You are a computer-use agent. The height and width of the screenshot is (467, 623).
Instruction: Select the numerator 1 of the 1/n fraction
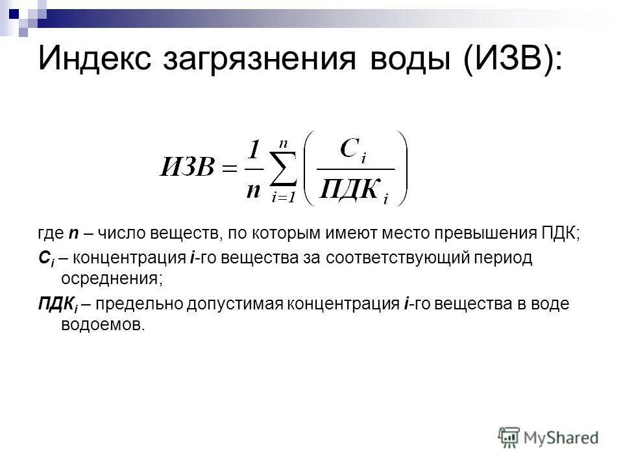tap(254, 152)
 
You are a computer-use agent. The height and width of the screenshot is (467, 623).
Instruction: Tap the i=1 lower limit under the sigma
tap(284, 198)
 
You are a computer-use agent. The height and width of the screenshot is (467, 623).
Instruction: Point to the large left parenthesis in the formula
tap(311, 169)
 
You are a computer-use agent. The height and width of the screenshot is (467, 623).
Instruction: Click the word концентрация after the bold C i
tap(129, 258)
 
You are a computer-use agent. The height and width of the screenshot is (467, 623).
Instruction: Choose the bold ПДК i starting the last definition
tap(54, 305)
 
